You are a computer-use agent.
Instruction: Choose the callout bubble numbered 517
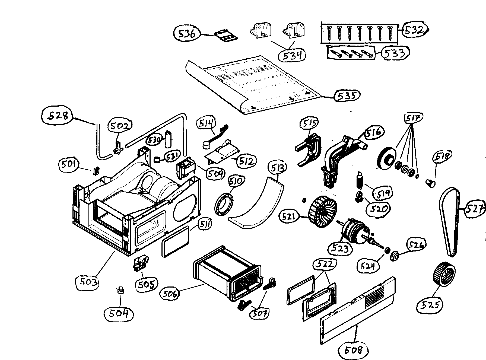(x=414, y=119)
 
